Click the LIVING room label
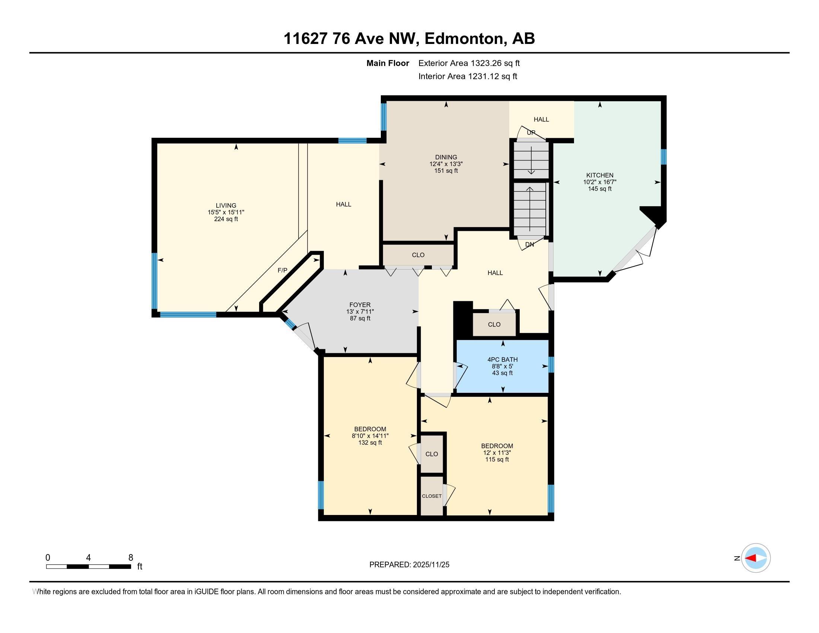pyautogui.click(x=226, y=206)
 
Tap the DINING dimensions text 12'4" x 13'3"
pyautogui.click(x=446, y=164)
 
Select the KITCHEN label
pyautogui.click(x=600, y=175)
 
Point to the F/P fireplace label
pyautogui.click(x=283, y=270)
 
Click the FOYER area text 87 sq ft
pyautogui.click(x=360, y=318)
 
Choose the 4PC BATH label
pyautogui.click(x=502, y=360)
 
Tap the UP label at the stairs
pyautogui.click(x=530, y=133)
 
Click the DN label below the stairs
pyautogui.click(x=529, y=245)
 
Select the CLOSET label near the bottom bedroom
pyautogui.click(x=431, y=496)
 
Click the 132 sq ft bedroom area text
pyautogui.click(x=370, y=442)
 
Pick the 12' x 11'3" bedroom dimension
pyautogui.click(x=497, y=453)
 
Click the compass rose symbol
pyautogui.click(x=756, y=558)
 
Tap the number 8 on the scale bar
pyautogui.click(x=131, y=558)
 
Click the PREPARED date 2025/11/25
pyautogui.click(x=430, y=565)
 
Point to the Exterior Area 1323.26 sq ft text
pyautogui.click(x=469, y=63)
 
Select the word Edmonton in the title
pyautogui.click(x=463, y=39)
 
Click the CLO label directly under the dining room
pyautogui.click(x=418, y=255)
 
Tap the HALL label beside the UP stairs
pyautogui.click(x=541, y=119)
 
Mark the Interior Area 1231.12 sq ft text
pyautogui.click(x=468, y=76)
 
